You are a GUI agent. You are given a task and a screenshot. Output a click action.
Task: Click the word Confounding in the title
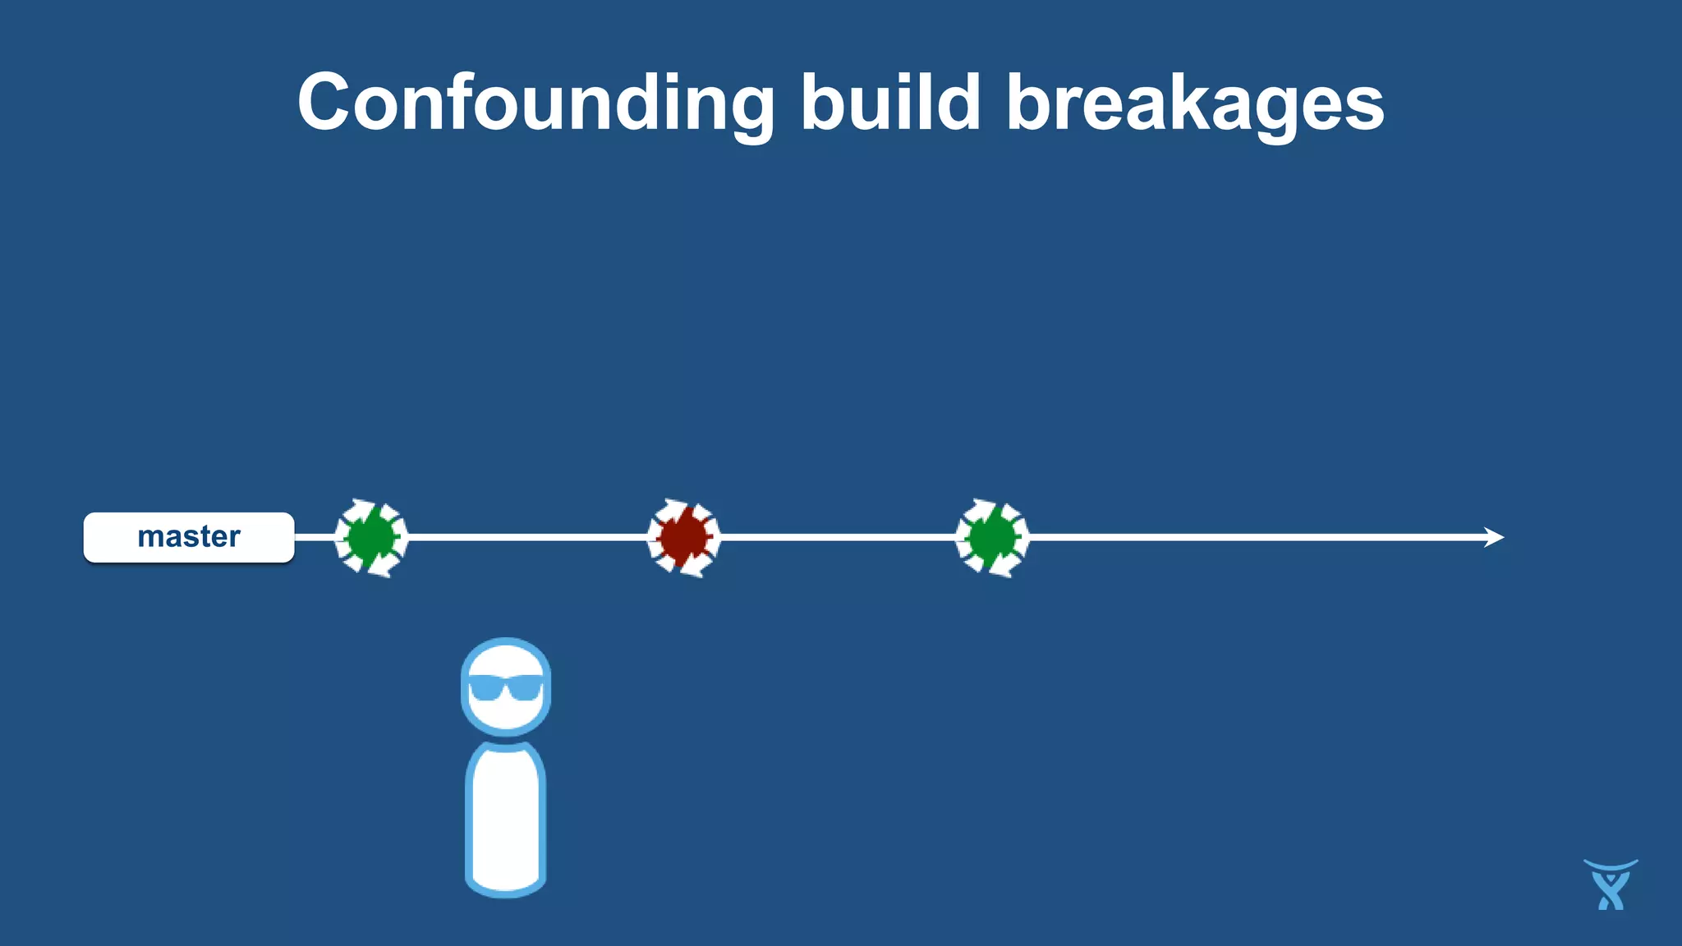point(535,103)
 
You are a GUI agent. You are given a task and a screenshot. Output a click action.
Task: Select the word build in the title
point(890,103)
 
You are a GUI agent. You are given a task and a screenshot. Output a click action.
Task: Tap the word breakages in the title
point(1195,103)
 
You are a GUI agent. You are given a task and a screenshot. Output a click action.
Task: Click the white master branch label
point(189,538)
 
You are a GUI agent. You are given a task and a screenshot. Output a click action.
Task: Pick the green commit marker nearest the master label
point(371,538)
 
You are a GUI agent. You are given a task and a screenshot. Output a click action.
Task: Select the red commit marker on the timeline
point(683,538)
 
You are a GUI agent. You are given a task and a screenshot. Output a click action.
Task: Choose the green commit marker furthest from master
point(992,538)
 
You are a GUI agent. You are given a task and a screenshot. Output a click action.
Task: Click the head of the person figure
point(506,687)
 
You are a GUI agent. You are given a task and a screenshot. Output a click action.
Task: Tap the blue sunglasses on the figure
point(506,687)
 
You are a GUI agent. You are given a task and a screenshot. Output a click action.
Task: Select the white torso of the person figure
point(506,821)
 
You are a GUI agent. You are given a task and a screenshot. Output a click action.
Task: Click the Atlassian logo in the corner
point(1611,885)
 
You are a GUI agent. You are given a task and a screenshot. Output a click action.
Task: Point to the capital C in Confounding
point(326,103)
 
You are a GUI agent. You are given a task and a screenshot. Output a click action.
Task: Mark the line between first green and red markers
point(526,538)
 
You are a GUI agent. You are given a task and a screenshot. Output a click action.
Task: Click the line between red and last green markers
point(838,538)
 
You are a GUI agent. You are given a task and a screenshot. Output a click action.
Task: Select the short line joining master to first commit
point(314,538)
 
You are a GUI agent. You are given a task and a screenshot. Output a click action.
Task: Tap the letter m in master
point(152,538)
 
